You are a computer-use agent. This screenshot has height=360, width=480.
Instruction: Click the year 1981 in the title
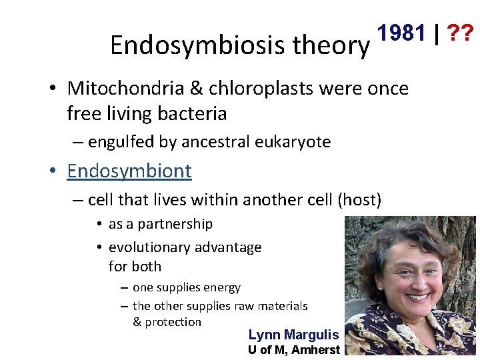coord(402,32)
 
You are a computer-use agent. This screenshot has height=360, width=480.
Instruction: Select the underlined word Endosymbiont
coord(129,171)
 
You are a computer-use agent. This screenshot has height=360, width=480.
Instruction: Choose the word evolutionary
coord(151,247)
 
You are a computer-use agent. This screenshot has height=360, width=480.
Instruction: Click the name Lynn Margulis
coord(293,335)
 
